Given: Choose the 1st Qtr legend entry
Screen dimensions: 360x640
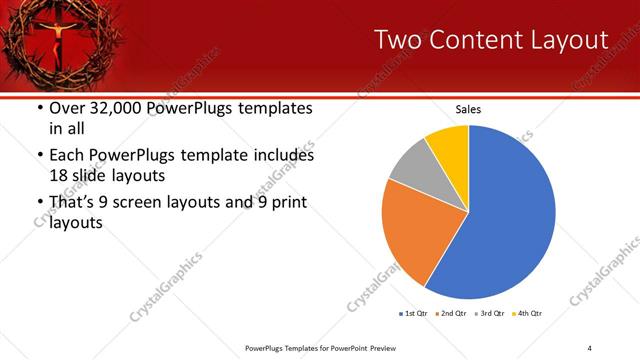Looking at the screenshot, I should coord(413,314).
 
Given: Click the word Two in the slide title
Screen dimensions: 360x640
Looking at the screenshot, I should coord(396,41).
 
